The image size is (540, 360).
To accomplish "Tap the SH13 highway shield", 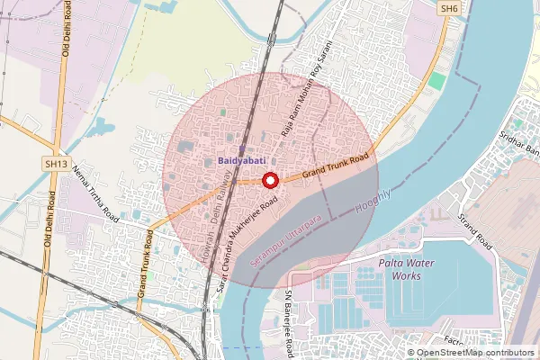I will [57, 165].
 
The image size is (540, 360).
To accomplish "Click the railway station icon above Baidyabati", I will [242, 148].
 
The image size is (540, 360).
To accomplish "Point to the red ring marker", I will [269, 181].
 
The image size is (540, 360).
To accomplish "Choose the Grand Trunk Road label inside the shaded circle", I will [337, 163].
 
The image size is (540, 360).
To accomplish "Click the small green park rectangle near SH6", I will [436, 81].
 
